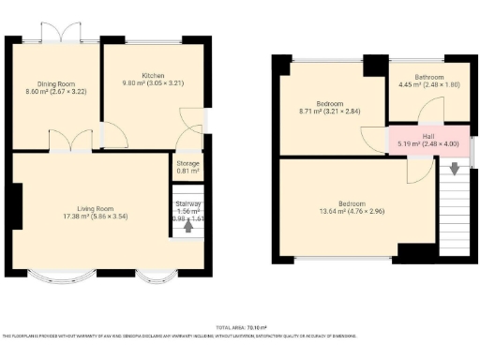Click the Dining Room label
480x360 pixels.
(54, 83)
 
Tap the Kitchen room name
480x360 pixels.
(154, 75)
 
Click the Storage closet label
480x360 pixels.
(188, 162)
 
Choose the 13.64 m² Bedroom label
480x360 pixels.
(352, 202)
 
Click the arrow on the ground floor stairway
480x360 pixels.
(188, 225)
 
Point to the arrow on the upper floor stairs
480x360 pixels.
(455, 169)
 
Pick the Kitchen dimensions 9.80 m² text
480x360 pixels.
(154, 84)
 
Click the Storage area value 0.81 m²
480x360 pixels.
(188, 172)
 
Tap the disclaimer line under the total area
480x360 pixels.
(240, 336)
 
